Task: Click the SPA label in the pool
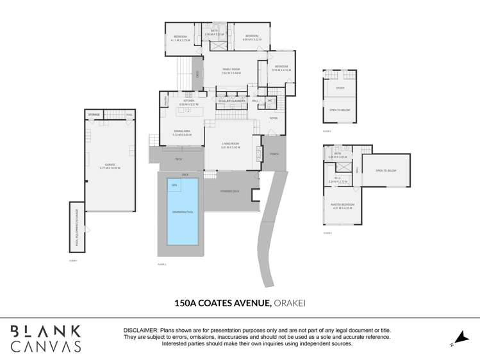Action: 174,185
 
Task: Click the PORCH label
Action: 274,154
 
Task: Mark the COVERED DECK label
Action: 229,191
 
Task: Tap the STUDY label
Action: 340,88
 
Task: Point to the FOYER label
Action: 274,118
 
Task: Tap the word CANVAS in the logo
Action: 46,346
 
